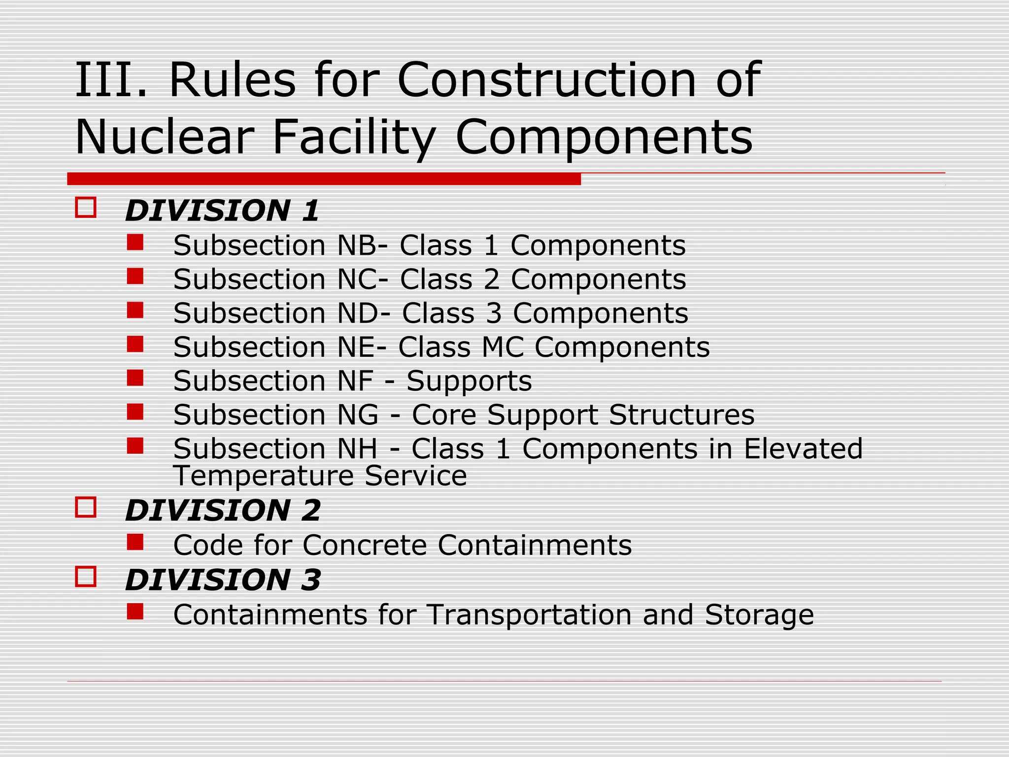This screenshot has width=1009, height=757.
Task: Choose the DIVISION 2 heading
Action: pyautogui.click(x=223, y=510)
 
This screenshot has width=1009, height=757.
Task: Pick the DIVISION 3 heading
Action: pyautogui.click(x=223, y=580)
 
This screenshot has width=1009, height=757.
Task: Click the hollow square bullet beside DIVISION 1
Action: pyautogui.click(x=86, y=207)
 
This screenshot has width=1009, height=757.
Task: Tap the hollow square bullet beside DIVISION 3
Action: pyautogui.click(x=86, y=576)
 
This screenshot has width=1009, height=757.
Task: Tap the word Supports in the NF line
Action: pyautogui.click(x=469, y=381)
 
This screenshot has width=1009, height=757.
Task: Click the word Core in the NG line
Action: pyautogui.click(x=444, y=415)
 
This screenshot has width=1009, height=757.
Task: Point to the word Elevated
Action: pyautogui.click(x=803, y=449)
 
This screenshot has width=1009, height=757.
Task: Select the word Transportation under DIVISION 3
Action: pyautogui.click(x=529, y=615)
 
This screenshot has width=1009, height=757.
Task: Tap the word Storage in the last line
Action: pyautogui.click(x=759, y=615)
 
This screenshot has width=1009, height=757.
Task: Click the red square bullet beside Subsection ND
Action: pyautogui.click(x=135, y=310)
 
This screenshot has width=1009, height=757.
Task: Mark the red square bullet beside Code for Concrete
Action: pyautogui.click(x=135, y=542)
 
